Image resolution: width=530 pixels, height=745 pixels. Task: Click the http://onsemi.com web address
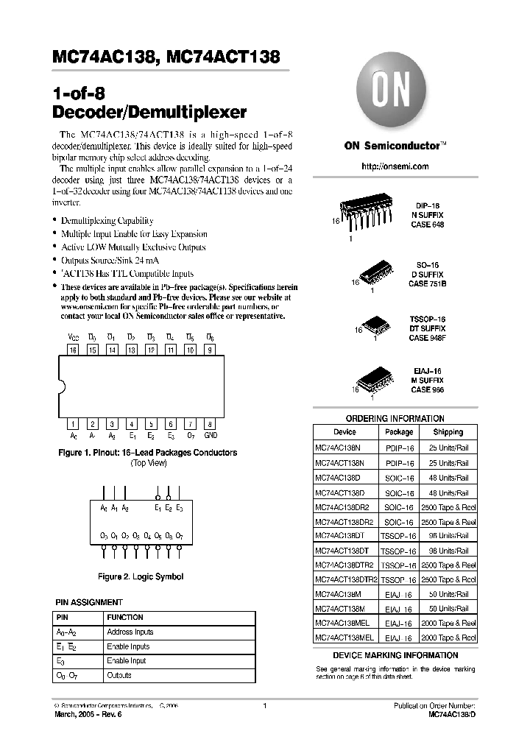coord(395,166)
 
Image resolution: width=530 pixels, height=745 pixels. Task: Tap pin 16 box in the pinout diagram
coord(73,350)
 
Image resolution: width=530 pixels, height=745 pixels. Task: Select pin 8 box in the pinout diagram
coord(211,423)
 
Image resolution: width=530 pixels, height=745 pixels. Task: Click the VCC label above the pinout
coord(73,337)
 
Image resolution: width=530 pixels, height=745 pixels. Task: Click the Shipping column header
coord(448,432)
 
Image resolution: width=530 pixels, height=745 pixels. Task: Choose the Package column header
coord(399,432)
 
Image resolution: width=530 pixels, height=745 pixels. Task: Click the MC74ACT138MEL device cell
coord(344,638)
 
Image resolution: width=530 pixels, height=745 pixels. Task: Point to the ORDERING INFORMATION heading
coord(395,418)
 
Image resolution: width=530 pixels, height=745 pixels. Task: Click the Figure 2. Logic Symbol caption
coord(141,577)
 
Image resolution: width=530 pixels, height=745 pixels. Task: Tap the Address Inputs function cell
coord(130,632)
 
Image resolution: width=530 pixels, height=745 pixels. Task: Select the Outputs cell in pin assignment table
coord(119,675)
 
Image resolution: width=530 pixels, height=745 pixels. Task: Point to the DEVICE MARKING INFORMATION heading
coord(395,655)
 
